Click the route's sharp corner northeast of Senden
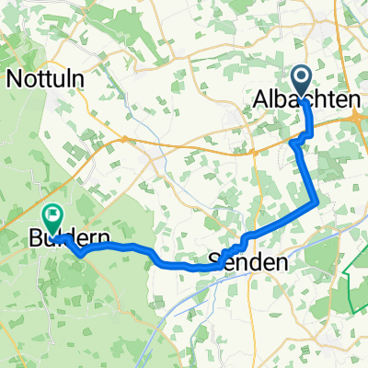coord(317,201)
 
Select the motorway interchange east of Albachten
coord(357,115)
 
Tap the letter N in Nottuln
coord(15,79)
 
